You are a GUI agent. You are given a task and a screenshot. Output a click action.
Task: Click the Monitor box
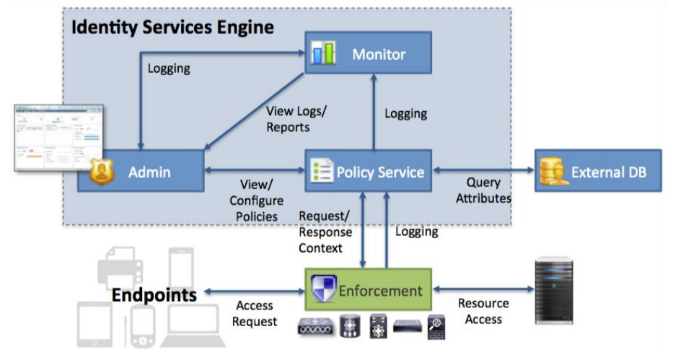click(367, 54)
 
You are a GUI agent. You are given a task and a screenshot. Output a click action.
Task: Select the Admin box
click(141, 172)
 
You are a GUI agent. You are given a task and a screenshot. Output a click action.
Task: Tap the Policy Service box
click(367, 172)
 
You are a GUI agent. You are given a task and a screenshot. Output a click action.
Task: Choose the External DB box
click(597, 172)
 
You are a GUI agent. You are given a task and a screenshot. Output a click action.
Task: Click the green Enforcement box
click(367, 291)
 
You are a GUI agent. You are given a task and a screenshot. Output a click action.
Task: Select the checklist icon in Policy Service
click(321, 172)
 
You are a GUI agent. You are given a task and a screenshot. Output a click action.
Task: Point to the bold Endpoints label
click(153, 295)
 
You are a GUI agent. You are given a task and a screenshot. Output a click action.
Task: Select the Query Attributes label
click(483, 190)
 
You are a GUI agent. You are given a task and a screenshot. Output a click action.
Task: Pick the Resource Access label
click(483, 311)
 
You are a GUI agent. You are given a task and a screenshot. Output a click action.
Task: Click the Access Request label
click(255, 314)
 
